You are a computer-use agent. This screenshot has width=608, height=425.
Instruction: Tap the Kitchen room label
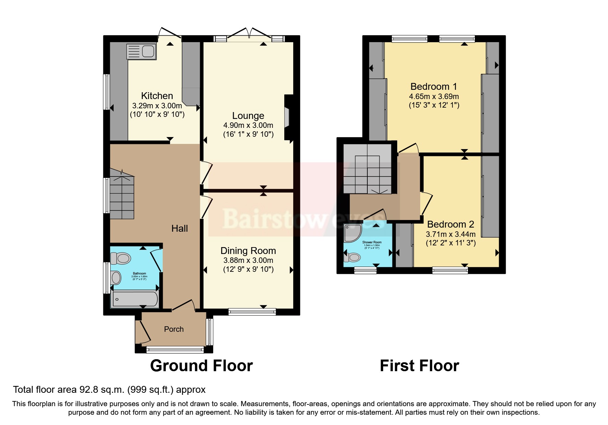tap(157, 96)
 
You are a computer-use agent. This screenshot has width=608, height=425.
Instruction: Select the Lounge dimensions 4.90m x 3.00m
tap(248, 125)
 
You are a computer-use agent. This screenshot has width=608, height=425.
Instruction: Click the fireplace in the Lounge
tap(287, 118)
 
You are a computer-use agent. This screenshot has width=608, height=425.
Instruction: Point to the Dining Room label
tap(248, 251)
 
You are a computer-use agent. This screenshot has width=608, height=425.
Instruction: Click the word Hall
tap(180, 229)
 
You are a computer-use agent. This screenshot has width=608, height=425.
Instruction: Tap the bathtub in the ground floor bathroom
tap(135, 299)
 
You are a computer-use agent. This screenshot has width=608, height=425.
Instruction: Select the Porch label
tap(174, 329)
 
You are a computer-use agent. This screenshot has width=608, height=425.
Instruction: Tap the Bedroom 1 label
tap(434, 87)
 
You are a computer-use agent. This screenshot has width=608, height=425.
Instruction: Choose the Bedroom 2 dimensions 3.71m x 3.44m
tap(450, 234)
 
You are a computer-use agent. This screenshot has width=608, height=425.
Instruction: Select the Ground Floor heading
tap(201, 366)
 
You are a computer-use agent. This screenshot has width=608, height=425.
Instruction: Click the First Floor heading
tap(419, 366)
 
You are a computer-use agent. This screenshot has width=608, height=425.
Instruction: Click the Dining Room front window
tap(252, 312)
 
